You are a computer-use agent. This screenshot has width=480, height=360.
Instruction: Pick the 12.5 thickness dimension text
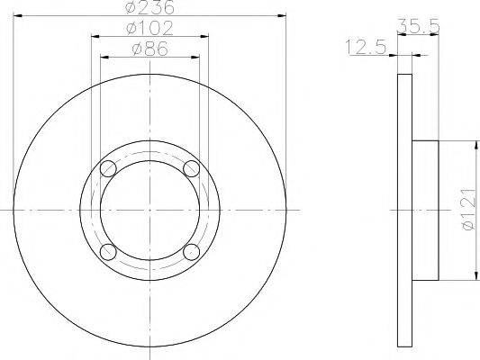pyautogui.click(x=365, y=46)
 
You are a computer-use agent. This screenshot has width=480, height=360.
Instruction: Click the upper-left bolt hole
pyautogui.click(x=109, y=168)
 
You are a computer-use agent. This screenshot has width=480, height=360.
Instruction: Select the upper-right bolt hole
pyautogui.click(x=191, y=168)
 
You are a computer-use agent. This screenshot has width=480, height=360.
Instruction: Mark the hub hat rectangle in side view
pyautogui.click(x=425, y=210)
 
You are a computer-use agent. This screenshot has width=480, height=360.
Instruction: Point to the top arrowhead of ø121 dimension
pyautogui.click(x=474, y=145)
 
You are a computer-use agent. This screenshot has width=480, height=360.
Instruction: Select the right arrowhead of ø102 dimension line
pyautogui.click(x=204, y=36)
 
